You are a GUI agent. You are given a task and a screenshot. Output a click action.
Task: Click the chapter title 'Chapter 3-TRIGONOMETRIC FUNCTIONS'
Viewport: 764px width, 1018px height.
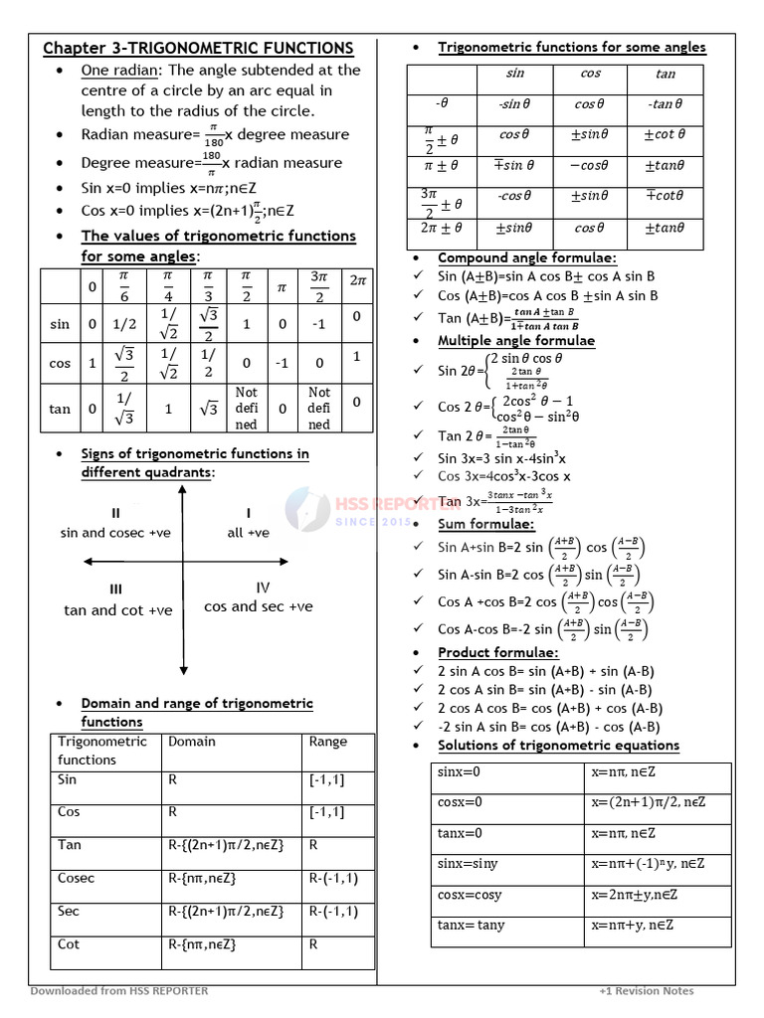pos(198,48)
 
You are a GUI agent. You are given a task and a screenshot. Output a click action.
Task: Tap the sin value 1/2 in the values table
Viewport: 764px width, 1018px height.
pos(123,323)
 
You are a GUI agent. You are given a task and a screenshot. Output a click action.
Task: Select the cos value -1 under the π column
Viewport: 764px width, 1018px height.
pos(282,364)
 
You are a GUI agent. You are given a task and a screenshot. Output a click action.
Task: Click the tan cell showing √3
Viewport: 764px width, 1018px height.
pos(208,408)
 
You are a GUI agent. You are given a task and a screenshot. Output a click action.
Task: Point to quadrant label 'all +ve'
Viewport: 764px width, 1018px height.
pos(248,533)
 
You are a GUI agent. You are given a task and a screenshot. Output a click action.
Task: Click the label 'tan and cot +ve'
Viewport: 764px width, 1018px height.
pos(118,610)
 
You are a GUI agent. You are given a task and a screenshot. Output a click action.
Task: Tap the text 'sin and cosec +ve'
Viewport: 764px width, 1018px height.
pos(115,533)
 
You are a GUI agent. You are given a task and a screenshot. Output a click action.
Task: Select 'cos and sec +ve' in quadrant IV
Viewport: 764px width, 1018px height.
pos(259,606)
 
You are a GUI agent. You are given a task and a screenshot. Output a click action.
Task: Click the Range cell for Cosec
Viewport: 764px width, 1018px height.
pos(333,879)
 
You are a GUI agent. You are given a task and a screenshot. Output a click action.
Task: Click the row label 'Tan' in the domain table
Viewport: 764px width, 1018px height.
pos(70,845)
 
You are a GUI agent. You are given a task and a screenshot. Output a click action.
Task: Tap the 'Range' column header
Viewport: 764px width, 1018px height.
pos(328,742)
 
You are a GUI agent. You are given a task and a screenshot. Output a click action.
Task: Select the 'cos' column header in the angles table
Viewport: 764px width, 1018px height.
pos(590,75)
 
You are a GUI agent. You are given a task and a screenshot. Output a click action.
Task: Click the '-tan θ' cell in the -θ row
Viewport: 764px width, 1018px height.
pos(665,104)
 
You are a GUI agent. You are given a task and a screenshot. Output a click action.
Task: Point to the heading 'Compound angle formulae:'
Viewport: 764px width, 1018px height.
pos(527,258)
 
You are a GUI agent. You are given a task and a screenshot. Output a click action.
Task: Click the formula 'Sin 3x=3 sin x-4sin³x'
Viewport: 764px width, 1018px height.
pos(502,458)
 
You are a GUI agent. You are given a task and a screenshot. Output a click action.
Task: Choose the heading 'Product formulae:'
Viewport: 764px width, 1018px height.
pos(498,653)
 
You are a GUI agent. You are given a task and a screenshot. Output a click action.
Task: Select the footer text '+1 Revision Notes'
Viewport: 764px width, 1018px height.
pos(647,991)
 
